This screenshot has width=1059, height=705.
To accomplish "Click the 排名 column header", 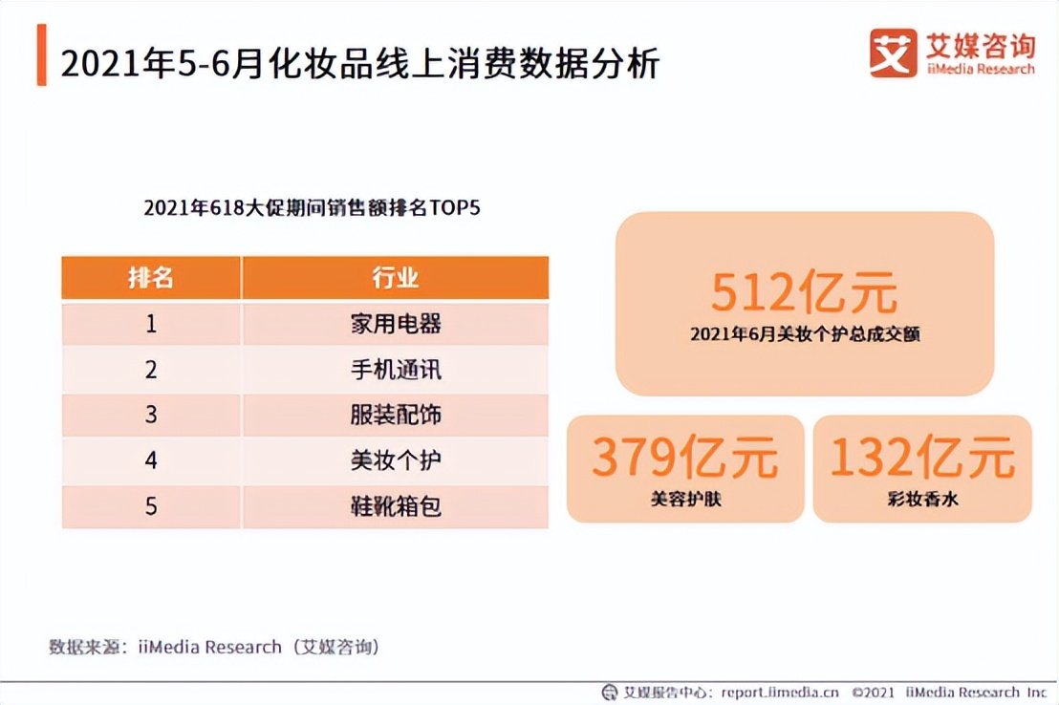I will point(151,278).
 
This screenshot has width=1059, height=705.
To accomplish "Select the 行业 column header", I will point(396,278).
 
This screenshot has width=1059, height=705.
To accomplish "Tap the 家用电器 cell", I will point(396,324).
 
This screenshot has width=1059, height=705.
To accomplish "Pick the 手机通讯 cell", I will point(396,369).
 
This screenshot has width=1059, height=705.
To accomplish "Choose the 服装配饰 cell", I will point(396,415).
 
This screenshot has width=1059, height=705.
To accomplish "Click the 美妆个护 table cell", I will point(396,460).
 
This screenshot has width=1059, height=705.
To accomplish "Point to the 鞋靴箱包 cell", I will point(396,505).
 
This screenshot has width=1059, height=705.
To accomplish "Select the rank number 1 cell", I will point(151,324).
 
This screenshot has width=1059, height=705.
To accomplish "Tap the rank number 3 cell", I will point(151,415).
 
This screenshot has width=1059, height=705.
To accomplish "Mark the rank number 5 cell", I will point(151,505).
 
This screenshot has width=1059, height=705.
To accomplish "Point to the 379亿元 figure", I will point(684,458).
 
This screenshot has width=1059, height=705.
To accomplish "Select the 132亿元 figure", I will point(922,458).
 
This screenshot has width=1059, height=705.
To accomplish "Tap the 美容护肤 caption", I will point(684,499).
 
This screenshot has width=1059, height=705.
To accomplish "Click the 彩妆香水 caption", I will point(922,499).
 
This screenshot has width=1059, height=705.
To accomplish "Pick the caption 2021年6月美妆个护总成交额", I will point(804,335).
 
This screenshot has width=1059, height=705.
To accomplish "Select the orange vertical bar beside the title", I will point(41,55).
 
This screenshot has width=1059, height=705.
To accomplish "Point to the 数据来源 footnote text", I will point(214,647).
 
